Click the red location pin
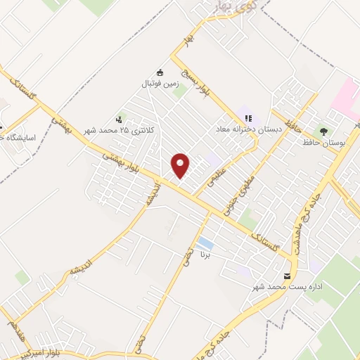[x=181, y=165]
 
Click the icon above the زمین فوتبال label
[x=160, y=72]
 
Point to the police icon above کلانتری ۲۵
[x=119, y=120]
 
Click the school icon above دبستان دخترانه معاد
[x=248, y=117]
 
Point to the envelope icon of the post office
[x=286, y=276]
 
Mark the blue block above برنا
[x=205, y=243]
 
